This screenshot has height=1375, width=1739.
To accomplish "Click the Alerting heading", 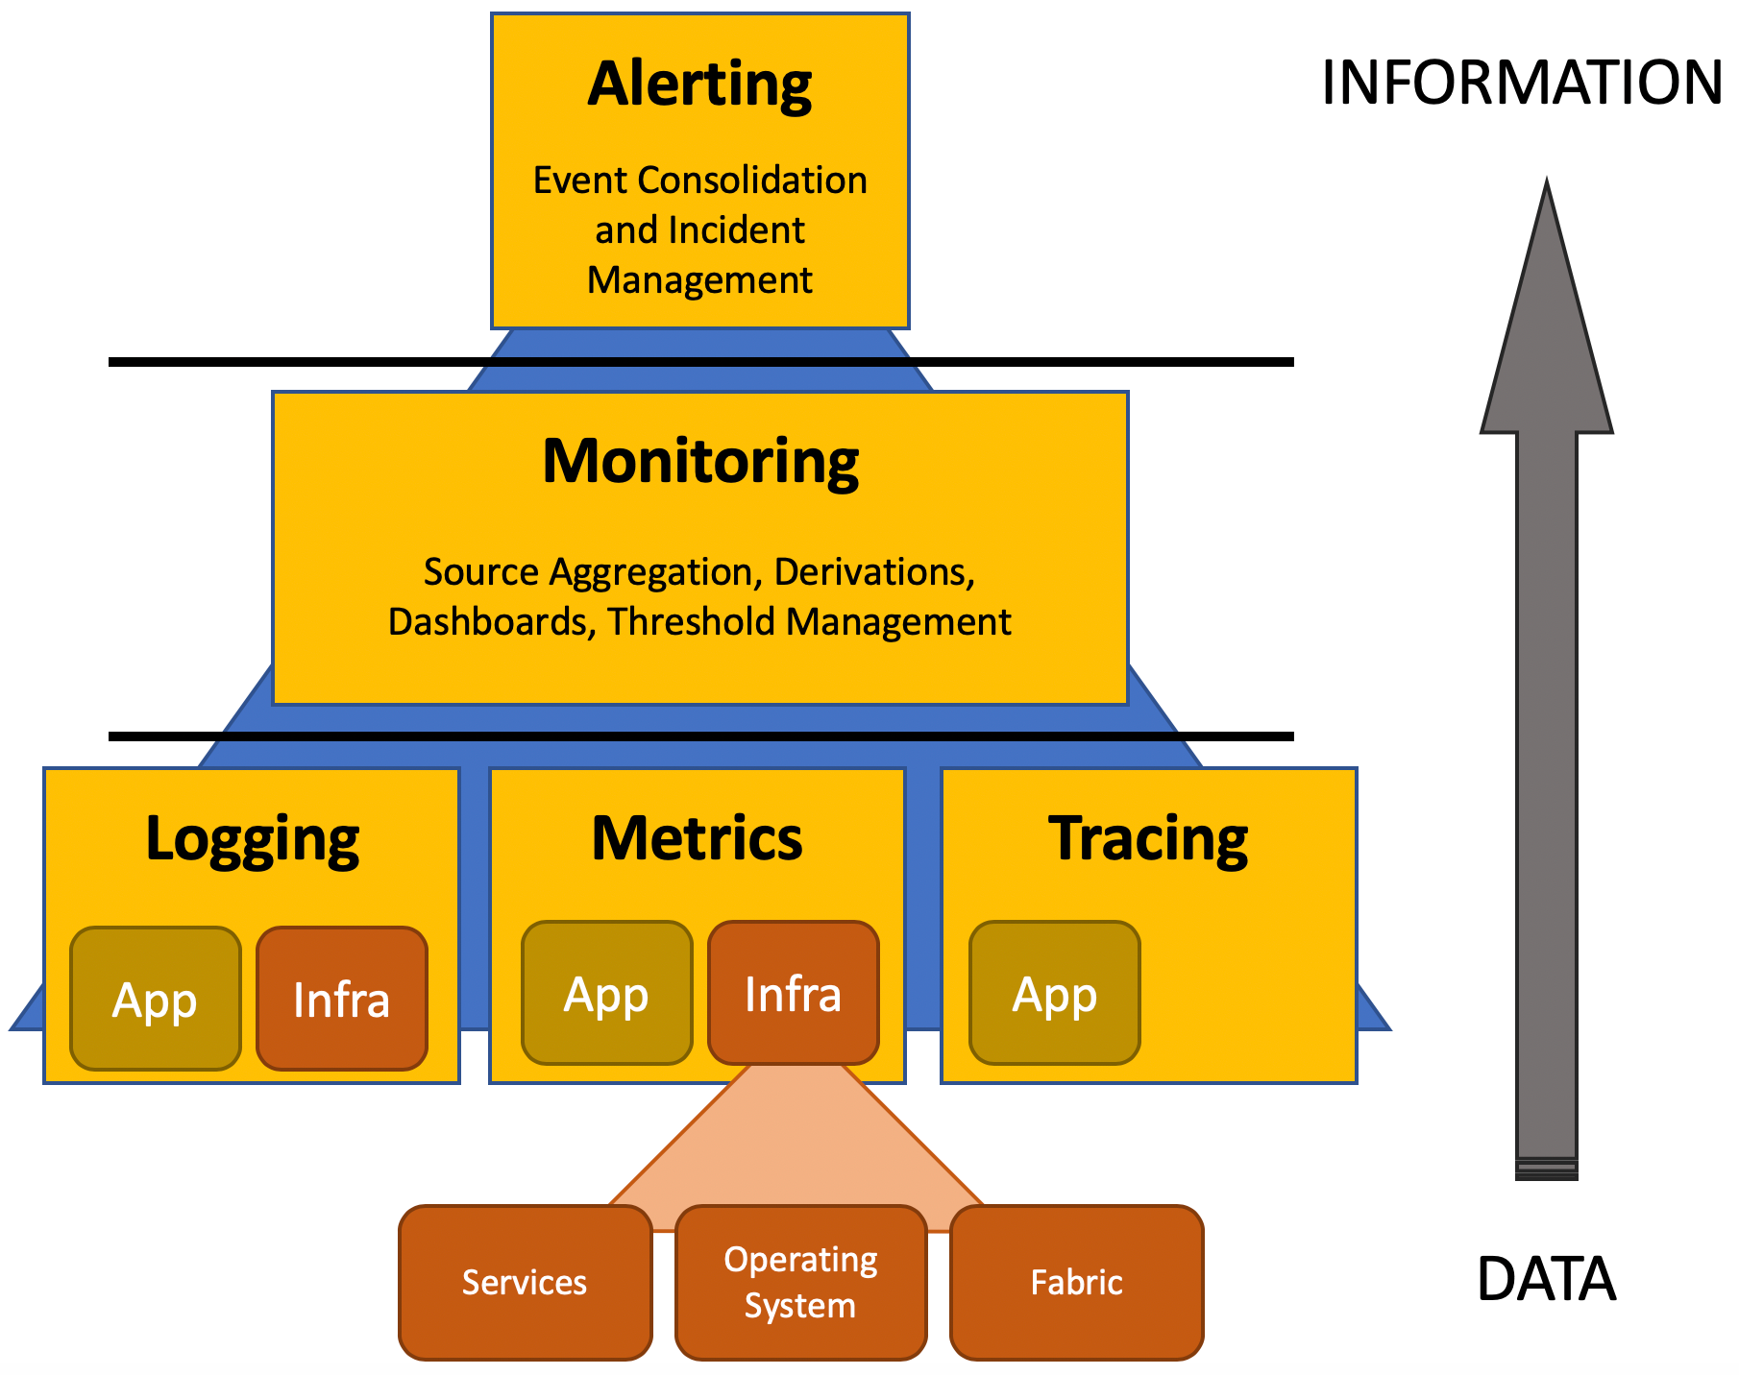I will pyautogui.click(x=699, y=84).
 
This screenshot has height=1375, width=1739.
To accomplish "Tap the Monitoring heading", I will pyautogui.click(x=699, y=462).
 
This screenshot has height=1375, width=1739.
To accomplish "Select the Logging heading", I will pyautogui.click(x=252, y=839).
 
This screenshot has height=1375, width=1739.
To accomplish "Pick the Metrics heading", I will pyautogui.click(x=697, y=839).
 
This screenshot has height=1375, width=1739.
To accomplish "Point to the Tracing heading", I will pyautogui.click(x=1148, y=839).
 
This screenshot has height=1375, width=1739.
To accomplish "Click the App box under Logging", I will pyautogui.click(x=155, y=999).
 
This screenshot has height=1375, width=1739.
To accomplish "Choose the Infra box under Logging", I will pyautogui.click(x=341, y=999).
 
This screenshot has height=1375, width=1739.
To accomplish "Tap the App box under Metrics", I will pyautogui.click(x=606, y=993).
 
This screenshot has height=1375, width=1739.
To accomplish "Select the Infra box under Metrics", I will pyautogui.click(x=793, y=993).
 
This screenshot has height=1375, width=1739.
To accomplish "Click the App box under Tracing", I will pyautogui.click(x=1054, y=993).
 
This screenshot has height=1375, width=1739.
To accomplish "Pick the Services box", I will pyautogui.click(x=525, y=1283).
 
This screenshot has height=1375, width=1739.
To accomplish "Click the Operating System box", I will pyautogui.click(x=800, y=1283).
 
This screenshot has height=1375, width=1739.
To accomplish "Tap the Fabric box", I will pyautogui.click(x=1076, y=1283).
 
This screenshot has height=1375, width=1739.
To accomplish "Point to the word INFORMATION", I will pyautogui.click(x=1521, y=83).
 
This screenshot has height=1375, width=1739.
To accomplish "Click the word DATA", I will pyautogui.click(x=1546, y=1279).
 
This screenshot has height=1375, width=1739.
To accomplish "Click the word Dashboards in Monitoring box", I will pyautogui.click(x=488, y=622).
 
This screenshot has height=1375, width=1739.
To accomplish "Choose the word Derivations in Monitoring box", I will pyautogui.click(x=874, y=572).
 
